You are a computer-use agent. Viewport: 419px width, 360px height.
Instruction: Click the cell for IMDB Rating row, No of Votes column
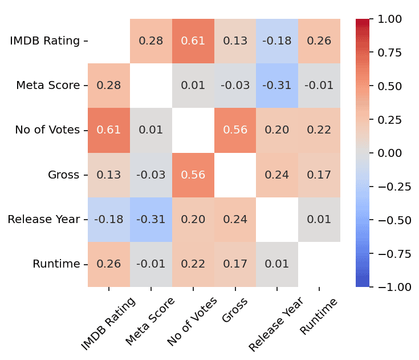click(x=193, y=41)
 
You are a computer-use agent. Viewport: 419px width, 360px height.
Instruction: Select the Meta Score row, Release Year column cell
click(x=278, y=86)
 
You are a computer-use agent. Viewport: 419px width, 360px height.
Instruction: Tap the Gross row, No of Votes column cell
click(x=193, y=175)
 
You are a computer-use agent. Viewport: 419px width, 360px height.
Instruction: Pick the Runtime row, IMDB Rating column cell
click(x=109, y=264)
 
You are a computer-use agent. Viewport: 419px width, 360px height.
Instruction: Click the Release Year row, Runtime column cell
click(x=320, y=220)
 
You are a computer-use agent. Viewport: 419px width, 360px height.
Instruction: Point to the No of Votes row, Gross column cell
click(x=235, y=130)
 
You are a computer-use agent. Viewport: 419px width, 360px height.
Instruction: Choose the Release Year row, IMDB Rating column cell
click(x=109, y=220)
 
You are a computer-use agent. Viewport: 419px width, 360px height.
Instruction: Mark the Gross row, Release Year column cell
click(x=278, y=175)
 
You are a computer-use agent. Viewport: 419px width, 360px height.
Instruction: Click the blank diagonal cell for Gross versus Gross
click(x=235, y=175)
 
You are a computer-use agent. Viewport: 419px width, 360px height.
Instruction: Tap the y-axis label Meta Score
click(x=48, y=86)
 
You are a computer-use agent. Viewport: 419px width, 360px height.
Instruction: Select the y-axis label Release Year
click(x=43, y=220)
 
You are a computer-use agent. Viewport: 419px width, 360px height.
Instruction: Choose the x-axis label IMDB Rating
click(x=108, y=323)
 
